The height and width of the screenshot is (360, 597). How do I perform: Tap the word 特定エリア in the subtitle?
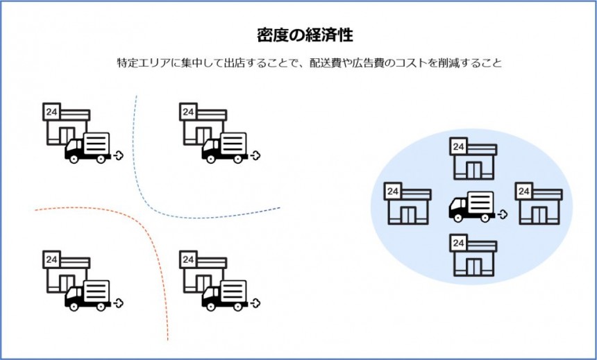[x=142, y=62]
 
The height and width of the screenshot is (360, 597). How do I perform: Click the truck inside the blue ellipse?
[x=472, y=206]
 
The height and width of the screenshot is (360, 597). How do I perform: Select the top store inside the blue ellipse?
[x=474, y=159]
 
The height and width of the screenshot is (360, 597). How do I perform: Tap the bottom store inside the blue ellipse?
[x=474, y=255]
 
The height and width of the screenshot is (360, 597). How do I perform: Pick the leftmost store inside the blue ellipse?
[x=407, y=205]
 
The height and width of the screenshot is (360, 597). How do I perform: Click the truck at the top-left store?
[x=88, y=147]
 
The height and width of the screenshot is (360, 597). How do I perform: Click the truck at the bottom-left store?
[x=88, y=295]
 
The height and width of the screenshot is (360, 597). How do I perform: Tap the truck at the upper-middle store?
[x=225, y=147]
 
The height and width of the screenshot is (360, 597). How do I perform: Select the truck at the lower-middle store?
[x=225, y=295]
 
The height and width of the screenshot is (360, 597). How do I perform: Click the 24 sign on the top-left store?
[x=51, y=111]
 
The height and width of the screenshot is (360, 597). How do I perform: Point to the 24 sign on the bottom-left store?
[x=51, y=259]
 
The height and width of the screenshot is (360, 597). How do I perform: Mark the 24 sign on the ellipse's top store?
[x=458, y=146]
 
